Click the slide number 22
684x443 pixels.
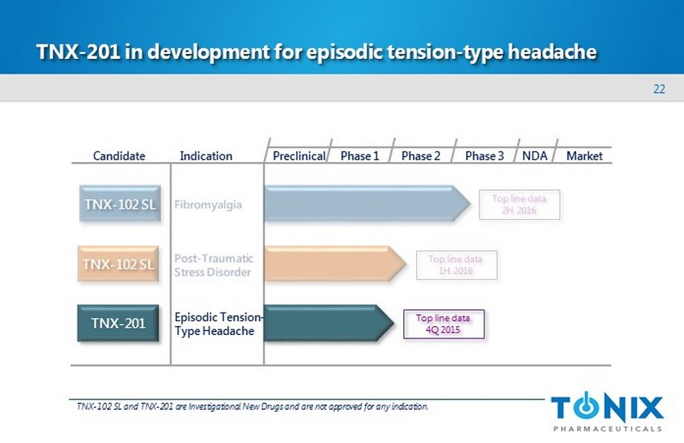(x=659, y=89)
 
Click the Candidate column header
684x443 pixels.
(x=119, y=155)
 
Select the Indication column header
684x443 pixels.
(x=206, y=155)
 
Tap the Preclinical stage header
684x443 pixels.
(x=299, y=155)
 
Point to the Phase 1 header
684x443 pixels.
(x=360, y=155)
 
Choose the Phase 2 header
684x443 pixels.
(x=421, y=155)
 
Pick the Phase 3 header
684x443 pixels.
(x=484, y=155)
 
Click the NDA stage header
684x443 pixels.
(x=535, y=155)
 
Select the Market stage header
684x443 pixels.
(x=584, y=155)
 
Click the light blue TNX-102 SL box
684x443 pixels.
(x=120, y=204)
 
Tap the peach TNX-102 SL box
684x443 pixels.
(x=118, y=264)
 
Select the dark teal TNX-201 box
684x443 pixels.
(x=118, y=323)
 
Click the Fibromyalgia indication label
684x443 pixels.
(x=208, y=205)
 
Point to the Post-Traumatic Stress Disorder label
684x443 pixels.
(x=214, y=265)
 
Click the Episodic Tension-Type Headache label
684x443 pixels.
(x=219, y=324)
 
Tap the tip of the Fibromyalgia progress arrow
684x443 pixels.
(x=471, y=204)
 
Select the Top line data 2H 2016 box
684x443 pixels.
(x=519, y=205)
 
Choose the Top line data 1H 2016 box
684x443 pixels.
(x=456, y=265)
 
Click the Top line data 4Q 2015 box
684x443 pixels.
(x=443, y=324)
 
